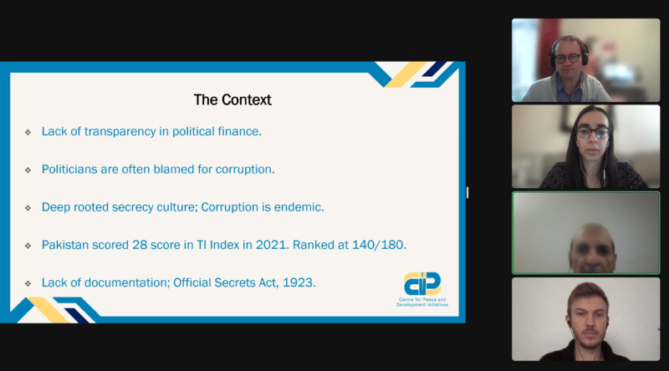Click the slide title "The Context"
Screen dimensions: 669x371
pyautogui.click(x=232, y=99)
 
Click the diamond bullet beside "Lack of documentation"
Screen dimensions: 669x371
pyautogui.click(x=28, y=283)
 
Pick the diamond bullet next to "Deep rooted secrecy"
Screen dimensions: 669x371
pyautogui.click(x=28, y=208)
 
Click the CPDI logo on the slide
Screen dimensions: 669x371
pyautogui.click(x=422, y=283)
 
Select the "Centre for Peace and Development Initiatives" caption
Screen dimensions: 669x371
pyautogui.click(x=422, y=302)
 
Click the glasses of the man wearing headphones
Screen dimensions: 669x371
pyautogui.click(x=568, y=58)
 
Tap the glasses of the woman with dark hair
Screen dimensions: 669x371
pyautogui.click(x=594, y=133)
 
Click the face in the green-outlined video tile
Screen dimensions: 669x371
pyautogui.click(x=592, y=250)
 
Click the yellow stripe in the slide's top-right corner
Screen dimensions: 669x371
pyautogui.click(x=405, y=75)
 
